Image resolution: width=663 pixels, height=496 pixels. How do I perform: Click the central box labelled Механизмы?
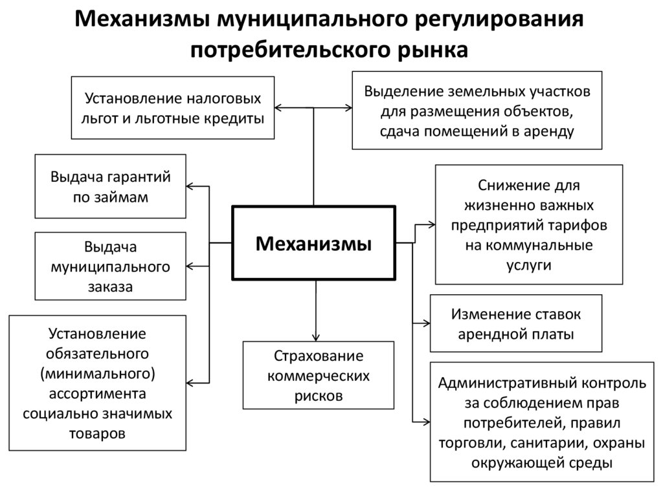(313, 244)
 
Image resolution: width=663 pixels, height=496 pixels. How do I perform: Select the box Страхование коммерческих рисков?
(318, 375)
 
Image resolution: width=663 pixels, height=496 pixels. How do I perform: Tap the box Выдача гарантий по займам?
(110, 186)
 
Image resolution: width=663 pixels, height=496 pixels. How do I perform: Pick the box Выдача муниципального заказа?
(110, 266)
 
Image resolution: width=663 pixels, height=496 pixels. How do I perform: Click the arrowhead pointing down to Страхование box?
(315, 336)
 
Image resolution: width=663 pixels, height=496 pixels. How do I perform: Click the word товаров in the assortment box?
(97, 433)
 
